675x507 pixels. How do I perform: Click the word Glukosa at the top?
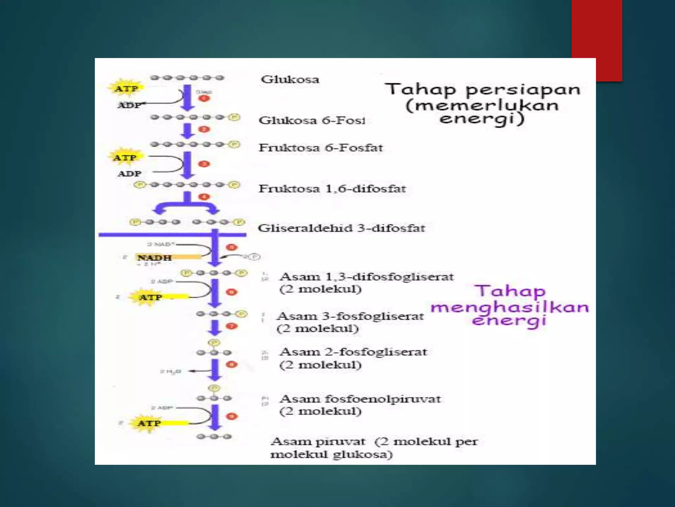point(290,80)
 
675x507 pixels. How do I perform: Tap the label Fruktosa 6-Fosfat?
point(321,148)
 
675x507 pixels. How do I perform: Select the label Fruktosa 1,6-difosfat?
point(332,189)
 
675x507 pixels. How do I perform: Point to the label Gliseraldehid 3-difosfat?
point(341,228)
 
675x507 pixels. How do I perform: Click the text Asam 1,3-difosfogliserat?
point(367,277)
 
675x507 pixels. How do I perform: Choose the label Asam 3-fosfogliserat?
point(350,316)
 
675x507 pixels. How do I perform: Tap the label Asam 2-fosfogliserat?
point(353,352)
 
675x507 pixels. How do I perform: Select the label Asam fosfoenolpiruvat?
point(360,399)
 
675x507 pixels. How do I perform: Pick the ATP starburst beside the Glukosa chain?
point(126,88)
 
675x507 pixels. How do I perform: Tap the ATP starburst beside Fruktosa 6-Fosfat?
point(125,158)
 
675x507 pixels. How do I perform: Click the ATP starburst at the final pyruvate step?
point(149,423)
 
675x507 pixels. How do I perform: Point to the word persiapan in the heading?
point(523,90)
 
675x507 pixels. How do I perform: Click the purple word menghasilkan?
point(510,307)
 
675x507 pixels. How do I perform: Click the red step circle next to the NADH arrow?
point(231,247)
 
